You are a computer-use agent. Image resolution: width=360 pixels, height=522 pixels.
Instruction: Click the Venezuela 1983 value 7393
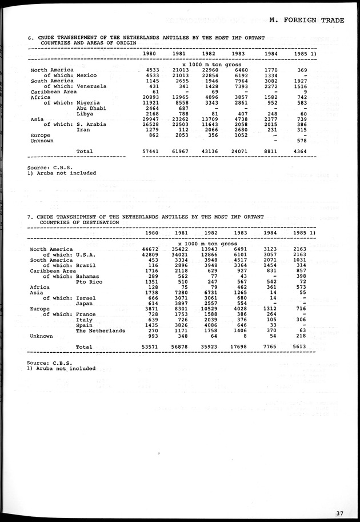pos(240,86)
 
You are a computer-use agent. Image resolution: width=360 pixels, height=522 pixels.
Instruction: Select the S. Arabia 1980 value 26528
pos(149,125)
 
